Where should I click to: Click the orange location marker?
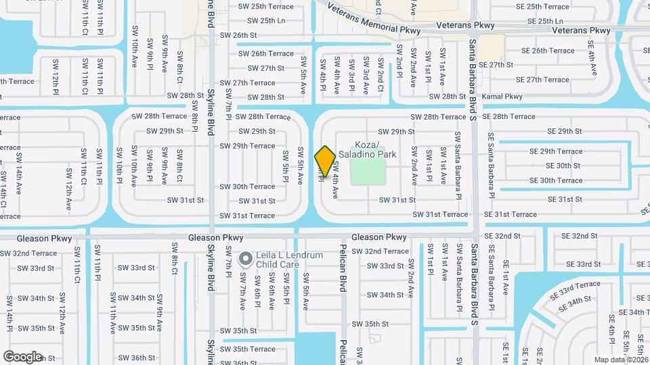325,162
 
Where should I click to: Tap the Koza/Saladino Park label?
376,150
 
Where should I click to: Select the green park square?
368,168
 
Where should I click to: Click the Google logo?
22,356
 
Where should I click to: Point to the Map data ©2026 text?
620,360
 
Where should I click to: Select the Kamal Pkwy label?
504,97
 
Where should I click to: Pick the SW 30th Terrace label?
247,187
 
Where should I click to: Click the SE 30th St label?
563,166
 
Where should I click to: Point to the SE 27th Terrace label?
538,80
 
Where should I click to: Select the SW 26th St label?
239,35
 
